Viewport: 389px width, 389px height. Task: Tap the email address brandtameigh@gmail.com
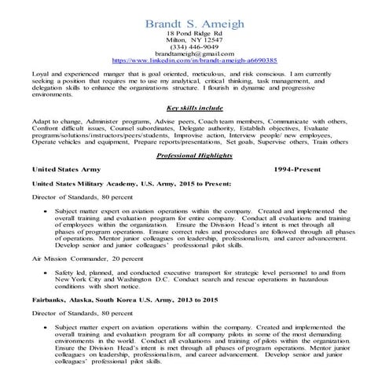pos(194,53)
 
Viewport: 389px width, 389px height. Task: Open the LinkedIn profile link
pos(194,60)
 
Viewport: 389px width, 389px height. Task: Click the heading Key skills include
pos(194,106)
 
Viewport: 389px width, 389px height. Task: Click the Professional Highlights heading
pos(194,156)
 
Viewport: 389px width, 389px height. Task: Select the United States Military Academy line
pos(131,182)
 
